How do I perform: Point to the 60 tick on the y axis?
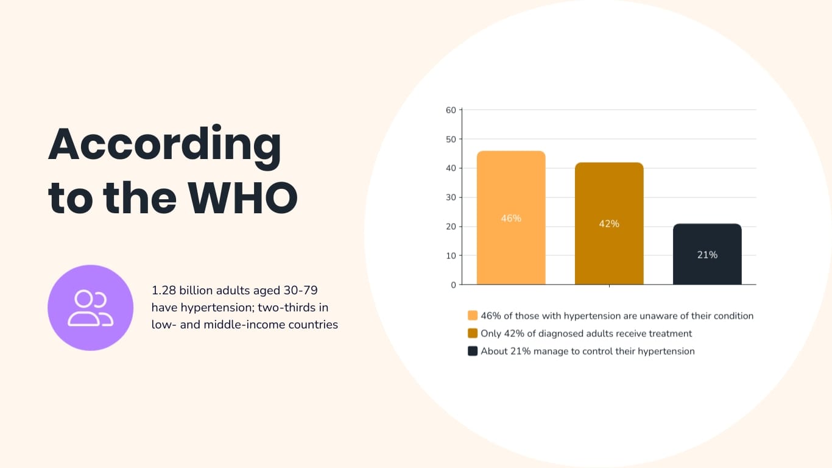click(x=451, y=110)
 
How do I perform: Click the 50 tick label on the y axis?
click(x=451, y=139)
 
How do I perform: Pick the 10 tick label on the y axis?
click(x=451, y=255)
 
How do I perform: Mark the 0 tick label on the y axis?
click(x=453, y=285)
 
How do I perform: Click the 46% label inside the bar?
click(x=511, y=218)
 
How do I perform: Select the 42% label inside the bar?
click(x=609, y=224)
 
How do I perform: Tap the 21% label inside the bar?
click(x=707, y=255)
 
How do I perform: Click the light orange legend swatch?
click(x=473, y=316)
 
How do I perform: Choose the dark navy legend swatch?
click(x=473, y=351)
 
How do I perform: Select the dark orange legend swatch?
click(x=473, y=333)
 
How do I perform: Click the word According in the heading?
click(x=164, y=146)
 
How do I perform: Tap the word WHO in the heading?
click(x=242, y=197)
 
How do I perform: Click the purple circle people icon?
click(x=90, y=307)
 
